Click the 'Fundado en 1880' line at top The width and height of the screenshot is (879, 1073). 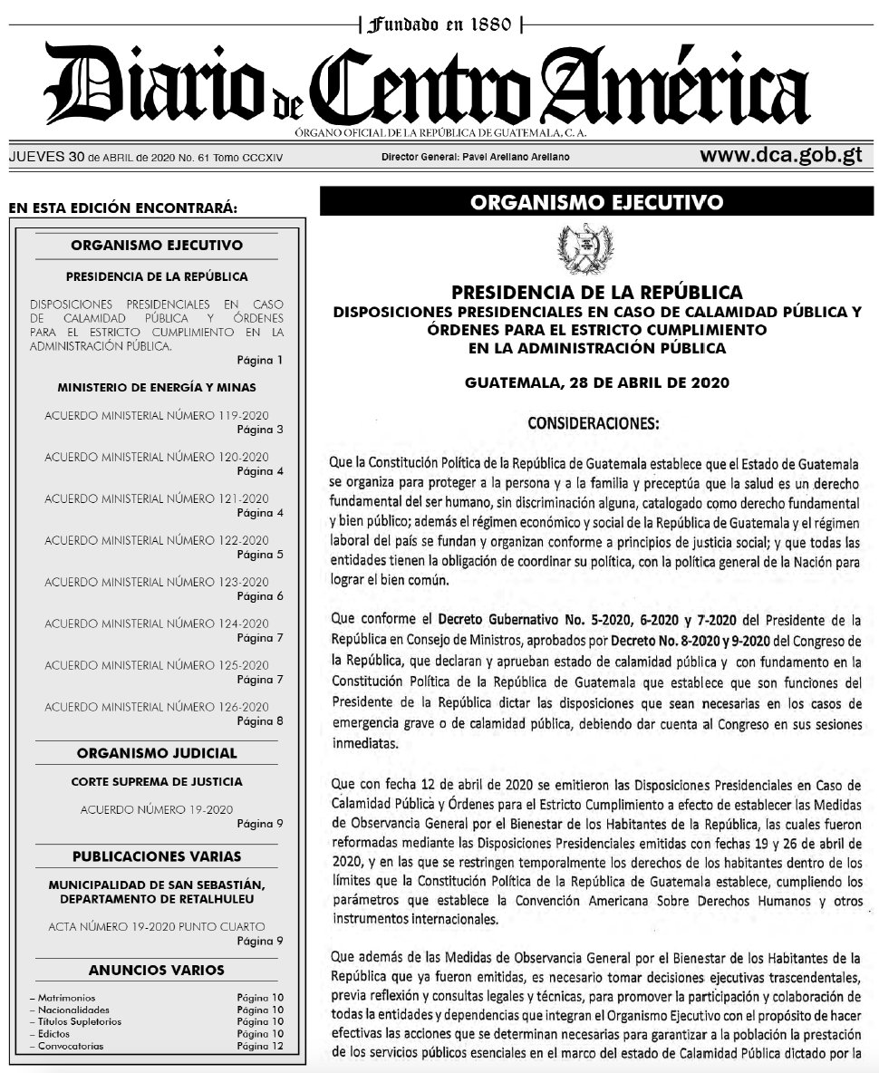tap(439, 23)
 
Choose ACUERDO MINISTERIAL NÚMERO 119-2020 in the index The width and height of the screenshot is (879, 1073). tap(156, 415)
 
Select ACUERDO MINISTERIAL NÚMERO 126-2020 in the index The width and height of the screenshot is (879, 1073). tap(156, 707)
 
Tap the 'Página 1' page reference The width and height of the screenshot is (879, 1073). tap(260, 360)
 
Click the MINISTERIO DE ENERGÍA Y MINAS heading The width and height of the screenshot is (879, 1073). tap(156, 387)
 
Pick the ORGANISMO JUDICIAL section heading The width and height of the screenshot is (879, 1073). tap(157, 753)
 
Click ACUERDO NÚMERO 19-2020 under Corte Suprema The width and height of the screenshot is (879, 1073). tap(156, 809)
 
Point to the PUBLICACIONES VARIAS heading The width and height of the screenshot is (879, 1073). tap(157, 856)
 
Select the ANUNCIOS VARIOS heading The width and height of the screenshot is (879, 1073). tap(157, 971)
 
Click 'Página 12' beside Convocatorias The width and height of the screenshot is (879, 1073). tap(260, 1046)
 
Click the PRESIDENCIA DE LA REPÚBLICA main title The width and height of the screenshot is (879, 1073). tap(597, 293)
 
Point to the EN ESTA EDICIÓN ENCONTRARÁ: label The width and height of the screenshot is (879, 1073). tap(122, 208)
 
